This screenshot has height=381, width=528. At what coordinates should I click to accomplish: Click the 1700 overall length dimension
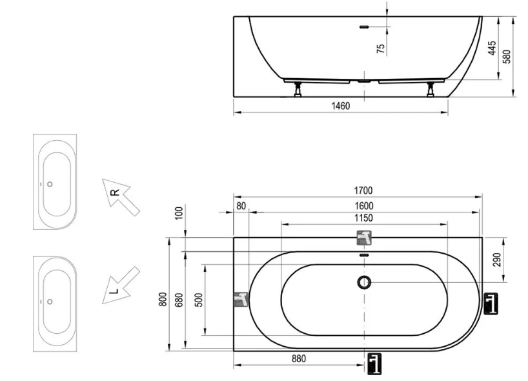coord(363,190)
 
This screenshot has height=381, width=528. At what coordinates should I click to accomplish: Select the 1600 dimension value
coord(363,206)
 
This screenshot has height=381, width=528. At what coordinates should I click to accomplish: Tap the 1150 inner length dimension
coord(363,218)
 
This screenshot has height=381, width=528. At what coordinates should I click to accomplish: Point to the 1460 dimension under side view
coord(341,106)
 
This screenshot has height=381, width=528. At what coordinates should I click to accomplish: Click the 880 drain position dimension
coord(299,359)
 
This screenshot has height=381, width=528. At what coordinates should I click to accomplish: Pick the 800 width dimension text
coord(163,299)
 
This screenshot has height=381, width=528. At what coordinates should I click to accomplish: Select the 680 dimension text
coord(179,300)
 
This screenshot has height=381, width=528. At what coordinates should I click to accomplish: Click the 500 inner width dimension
coord(199,300)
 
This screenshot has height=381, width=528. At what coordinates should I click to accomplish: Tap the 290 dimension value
coord(497,260)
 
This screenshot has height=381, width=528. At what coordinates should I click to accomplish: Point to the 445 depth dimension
coord(492,48)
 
